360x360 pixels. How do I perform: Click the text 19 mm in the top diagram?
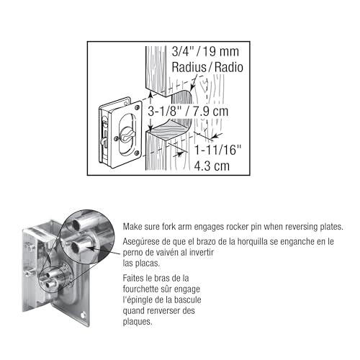click(221, 52)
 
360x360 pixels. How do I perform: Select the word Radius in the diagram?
click(189, 67)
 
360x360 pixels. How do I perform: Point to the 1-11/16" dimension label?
click(217, 150)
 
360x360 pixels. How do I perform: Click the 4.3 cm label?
click(212, 166)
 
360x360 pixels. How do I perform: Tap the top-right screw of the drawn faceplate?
click(138, 107)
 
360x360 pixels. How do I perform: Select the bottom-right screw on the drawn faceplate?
click(137, 153)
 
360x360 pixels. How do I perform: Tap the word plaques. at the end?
click(138, 322)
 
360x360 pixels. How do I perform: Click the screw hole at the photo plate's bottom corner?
click(83, 315)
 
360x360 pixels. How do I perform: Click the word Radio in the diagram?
click(229, 67)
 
